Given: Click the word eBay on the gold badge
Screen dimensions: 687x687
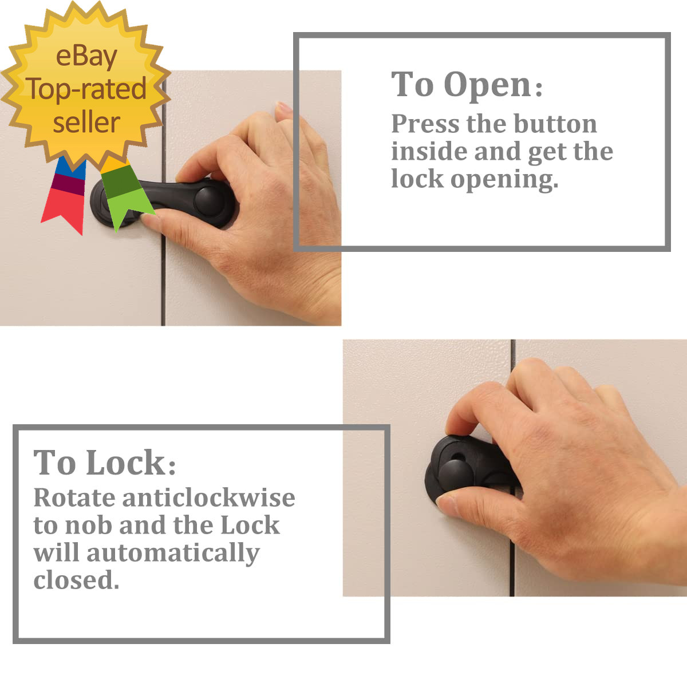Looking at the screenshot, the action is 86,57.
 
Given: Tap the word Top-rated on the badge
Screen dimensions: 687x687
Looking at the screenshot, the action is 87,89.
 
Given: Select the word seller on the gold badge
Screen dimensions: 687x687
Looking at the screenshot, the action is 86,123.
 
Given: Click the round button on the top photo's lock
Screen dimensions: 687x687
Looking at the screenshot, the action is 210,201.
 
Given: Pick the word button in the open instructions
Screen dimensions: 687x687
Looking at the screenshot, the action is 555,124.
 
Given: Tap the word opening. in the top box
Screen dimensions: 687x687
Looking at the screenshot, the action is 504,180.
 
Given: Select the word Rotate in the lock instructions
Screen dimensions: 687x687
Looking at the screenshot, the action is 74,498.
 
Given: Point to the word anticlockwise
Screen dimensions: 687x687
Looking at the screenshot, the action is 209,498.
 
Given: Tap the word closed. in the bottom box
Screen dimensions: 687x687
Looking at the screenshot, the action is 76,581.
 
